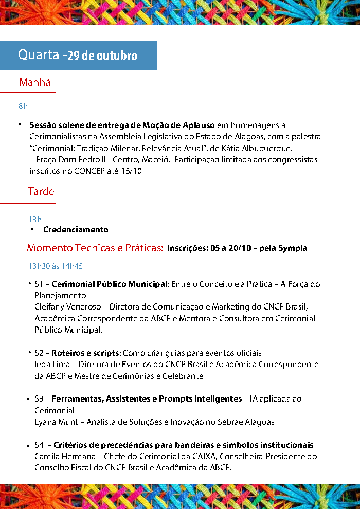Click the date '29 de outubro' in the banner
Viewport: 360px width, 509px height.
tap(102, 56)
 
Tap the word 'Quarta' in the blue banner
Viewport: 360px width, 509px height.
tap(39, 55)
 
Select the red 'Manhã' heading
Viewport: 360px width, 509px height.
tap(34, 82)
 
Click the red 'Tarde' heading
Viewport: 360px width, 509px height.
tap(41, 191)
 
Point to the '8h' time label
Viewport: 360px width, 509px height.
tap(23, 106)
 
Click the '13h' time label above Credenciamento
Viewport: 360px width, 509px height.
tap(35, 220)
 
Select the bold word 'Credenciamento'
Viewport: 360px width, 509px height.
tap(76, 229)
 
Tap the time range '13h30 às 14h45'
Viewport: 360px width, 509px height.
tap(56, 266)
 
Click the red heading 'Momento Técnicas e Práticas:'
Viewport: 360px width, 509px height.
tap(95, 248)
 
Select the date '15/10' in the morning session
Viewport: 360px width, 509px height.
tap(132, 171)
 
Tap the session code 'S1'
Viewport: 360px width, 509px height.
tap(40, 284)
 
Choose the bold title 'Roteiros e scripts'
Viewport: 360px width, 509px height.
tap(85, 353)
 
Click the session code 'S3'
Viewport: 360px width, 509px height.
tap(40, 399)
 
